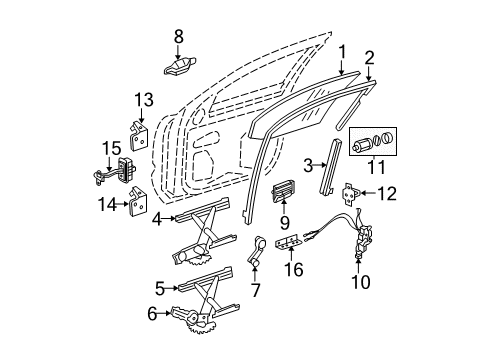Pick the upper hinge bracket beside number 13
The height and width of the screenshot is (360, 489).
tap(141, 132)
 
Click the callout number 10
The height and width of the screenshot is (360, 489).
tap(361, 284)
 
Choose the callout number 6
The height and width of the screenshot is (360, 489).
tap(153, 313)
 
